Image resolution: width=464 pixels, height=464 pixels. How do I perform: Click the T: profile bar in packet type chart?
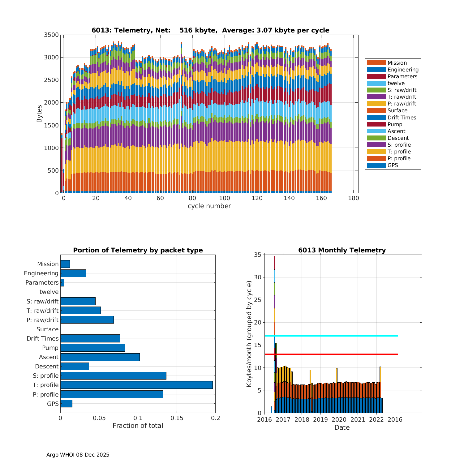[x=136, y=385]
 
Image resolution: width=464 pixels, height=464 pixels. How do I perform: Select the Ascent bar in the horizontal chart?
[x=100, y=357]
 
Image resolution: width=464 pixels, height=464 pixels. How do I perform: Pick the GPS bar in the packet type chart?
[x=66, y=403]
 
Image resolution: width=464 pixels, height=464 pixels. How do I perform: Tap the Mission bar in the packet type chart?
[x=65, y=264]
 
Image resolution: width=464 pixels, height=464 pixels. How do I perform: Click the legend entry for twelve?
[x=396, y=83]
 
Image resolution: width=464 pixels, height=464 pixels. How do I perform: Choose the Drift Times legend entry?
[x=402, y=118]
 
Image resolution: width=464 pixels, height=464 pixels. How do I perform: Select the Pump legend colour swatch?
[x=376, y=124]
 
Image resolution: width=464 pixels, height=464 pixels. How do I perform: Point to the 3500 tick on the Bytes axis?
[x=51, y=35]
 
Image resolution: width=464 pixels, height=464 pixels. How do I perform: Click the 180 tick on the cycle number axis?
[x=354, y=198]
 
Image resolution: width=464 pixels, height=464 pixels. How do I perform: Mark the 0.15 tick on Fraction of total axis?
[x=177, y=418]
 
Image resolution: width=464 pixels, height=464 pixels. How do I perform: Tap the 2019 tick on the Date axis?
[x=320, y=420]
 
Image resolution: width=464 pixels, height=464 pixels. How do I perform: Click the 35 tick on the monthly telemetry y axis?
[x=258, y=255]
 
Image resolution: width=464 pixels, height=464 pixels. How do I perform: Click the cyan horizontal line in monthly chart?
[x=331, y=336]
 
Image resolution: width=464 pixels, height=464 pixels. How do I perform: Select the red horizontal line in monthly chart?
[x=331, y=354]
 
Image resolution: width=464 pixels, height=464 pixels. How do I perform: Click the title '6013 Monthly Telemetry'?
[x=342, y=250]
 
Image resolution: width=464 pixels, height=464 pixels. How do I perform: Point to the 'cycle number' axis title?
[x=209, y=206]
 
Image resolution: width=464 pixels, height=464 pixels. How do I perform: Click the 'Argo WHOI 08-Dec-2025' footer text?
[x=78, y=455]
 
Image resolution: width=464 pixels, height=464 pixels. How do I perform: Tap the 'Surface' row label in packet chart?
[x=47, y=329]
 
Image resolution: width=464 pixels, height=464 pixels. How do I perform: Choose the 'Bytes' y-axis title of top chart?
[x=39, y=114]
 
